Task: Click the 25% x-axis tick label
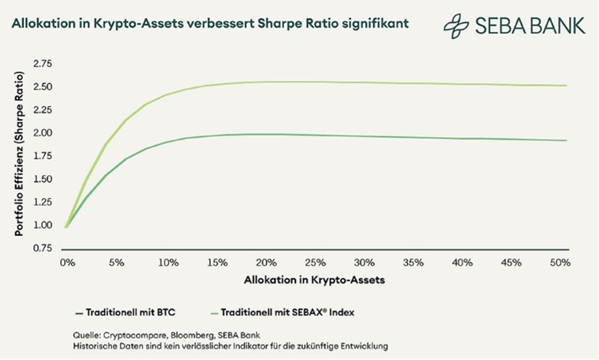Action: click(315, 262)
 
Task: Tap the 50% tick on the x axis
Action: click(560, 262)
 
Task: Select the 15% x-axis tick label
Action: click(217, 262)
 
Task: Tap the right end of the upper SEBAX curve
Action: click(566, 86)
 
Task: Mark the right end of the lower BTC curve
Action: click(566, 141)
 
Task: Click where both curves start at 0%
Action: click(66, 226)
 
